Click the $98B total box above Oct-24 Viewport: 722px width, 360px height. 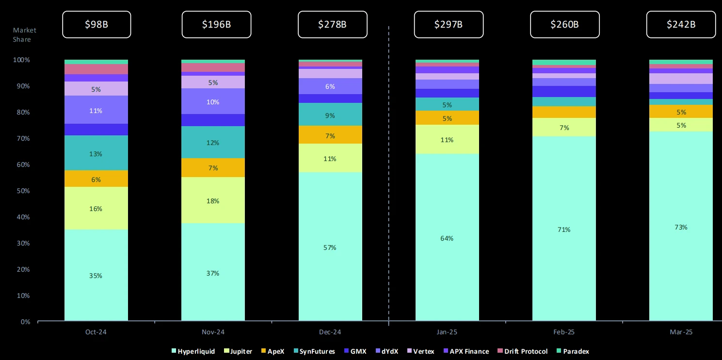(96, 24)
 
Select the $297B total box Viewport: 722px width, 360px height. (448, 24)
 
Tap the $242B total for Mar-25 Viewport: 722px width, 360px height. (681, 24)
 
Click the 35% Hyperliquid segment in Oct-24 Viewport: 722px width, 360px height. (96, 275)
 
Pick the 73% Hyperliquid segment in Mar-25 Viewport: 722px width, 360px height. (681, 227)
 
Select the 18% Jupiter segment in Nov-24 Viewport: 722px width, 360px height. (213, 200)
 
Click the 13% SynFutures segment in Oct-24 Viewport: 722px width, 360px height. (96, 153)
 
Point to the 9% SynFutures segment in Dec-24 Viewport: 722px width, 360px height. (330, 115)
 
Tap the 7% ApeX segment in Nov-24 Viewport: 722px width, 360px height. (213, 168)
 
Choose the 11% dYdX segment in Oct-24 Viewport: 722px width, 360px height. (96, 110)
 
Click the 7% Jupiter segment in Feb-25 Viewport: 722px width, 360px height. (564, 128)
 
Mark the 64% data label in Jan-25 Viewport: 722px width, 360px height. (447, 238)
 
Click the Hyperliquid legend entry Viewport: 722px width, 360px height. (193, 351)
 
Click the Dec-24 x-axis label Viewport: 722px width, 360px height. (330, 332)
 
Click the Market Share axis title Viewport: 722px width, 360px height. (24, 35)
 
